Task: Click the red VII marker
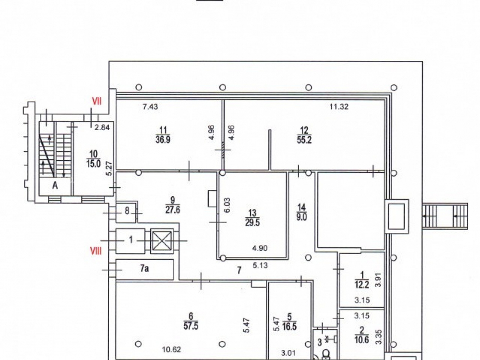97,101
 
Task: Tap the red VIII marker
96,252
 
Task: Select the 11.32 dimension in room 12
339,107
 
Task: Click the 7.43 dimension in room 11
150,107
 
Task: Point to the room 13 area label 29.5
252,222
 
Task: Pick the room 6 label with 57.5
191,326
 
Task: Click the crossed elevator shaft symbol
162,240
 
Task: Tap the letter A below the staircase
55,185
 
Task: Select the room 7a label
144,268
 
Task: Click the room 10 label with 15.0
94,164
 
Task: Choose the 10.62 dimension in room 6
172,349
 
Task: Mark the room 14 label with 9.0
301,217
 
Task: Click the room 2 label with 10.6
361,339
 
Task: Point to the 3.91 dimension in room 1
379,279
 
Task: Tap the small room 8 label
127,211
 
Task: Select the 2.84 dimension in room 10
102,127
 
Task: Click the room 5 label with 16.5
289,326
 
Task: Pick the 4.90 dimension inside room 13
260,248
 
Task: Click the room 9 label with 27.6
173,210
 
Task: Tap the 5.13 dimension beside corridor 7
260,265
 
